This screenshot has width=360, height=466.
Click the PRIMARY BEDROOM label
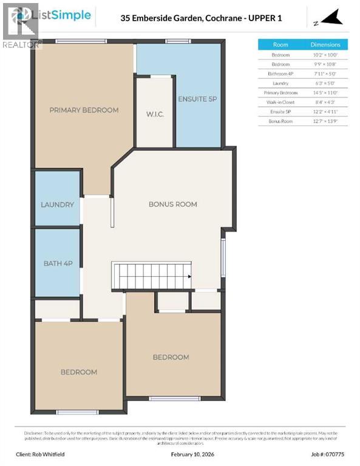click(84, 110)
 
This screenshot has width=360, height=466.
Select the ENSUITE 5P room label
click(197, 99)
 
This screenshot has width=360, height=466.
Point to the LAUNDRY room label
click(58, 204)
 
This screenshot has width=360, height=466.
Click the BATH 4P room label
click(58, 263)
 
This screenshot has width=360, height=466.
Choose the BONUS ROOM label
click(173, 204)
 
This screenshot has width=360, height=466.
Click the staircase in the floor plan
click(151, 277)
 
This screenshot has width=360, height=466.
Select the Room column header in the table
click(280, 45)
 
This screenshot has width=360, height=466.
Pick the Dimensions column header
click(325, 45)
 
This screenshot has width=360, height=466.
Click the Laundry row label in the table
click(280, 83)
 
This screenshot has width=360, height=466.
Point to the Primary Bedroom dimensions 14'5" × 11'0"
click(325, 92)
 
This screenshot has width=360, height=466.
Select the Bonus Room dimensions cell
click(325, 121)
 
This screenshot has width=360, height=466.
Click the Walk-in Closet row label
click(280, 102)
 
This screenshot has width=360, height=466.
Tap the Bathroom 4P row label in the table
click(280, 73)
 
